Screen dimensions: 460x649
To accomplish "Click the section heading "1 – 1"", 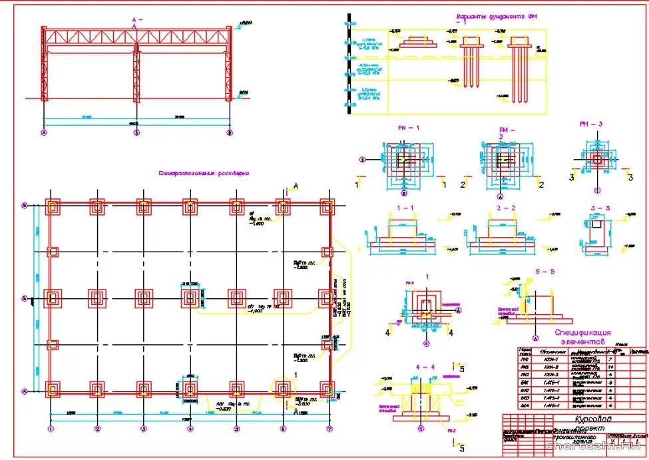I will tap(405, 208).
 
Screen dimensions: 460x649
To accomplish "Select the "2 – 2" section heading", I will tap(507, 208).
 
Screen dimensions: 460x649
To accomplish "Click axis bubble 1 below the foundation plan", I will tap(51, 428).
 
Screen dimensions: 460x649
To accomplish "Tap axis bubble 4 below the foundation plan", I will tap(190, 428).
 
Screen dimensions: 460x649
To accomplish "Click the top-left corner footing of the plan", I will tap(53, 206).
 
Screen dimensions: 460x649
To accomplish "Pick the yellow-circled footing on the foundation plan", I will tap(282, 388).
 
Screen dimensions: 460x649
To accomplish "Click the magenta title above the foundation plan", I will tap(204, 173).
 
